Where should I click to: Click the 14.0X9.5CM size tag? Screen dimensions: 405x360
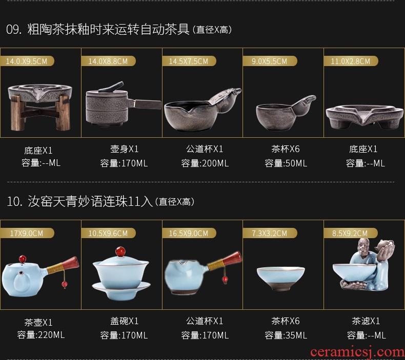[27, 61]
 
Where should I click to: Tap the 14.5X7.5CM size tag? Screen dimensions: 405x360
[189, 61]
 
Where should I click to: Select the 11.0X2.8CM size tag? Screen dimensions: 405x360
[351, 61]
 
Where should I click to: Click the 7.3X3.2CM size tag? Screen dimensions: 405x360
[269, 234]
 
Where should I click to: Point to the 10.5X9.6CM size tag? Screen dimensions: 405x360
[108, 234]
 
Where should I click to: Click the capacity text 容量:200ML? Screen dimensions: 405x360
[205, 163]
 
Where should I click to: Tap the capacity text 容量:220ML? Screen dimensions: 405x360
[41, 335]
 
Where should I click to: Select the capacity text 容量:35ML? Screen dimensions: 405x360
[286, 335]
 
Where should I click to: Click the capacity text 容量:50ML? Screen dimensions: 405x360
[286, 163]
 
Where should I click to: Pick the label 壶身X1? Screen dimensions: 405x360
[124, 149]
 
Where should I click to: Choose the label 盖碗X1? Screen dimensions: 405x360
[124, 321]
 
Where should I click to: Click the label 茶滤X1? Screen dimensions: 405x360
[366, 321]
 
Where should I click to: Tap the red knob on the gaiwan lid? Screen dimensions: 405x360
[120, 251]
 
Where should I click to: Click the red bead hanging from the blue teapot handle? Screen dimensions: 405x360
[64, 284]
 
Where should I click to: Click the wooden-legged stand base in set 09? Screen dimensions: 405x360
[40, 107]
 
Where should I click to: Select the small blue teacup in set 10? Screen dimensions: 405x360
[281, 279]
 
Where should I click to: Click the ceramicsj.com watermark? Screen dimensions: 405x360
[357, 352]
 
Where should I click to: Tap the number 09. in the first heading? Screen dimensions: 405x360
[14, 29]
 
